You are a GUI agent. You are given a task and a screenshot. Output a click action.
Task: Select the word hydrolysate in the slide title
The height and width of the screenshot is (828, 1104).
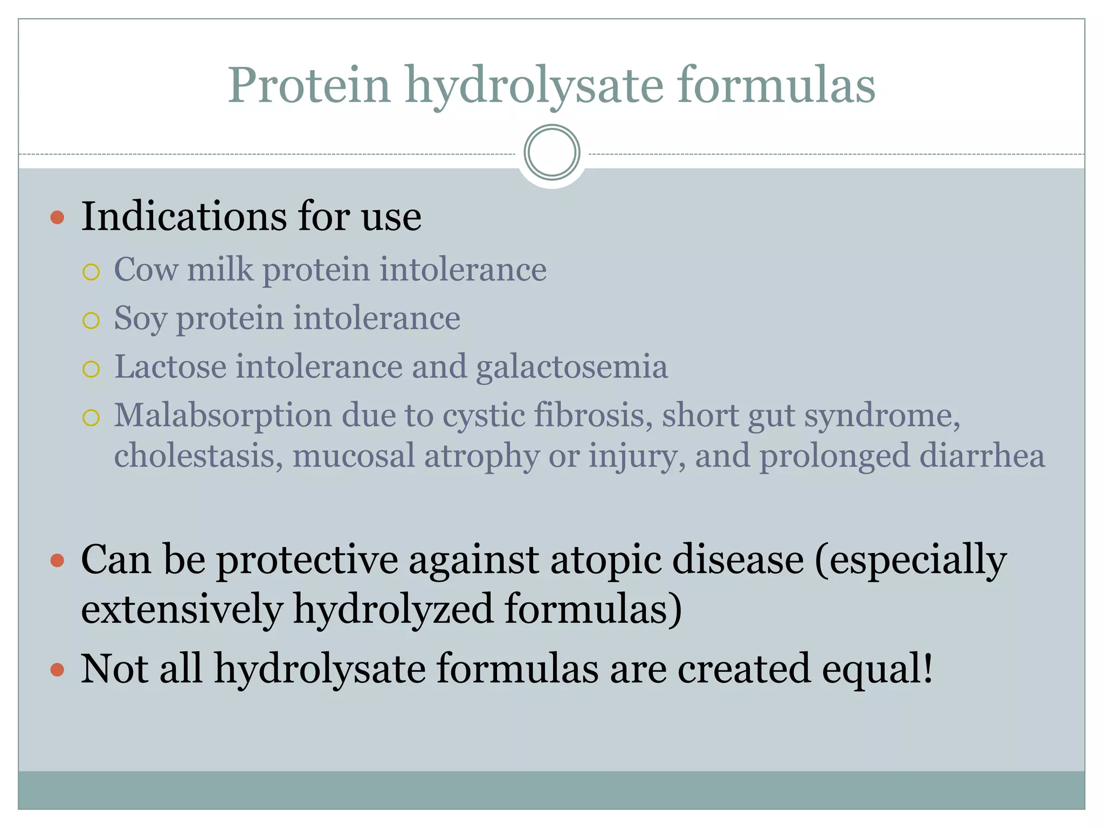(x=534, y=86)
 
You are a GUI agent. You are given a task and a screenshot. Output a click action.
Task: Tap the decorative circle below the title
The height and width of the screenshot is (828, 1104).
(x=551, y=153)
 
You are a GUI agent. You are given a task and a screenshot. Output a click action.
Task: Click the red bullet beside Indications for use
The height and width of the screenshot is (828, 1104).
(x=57, y=218)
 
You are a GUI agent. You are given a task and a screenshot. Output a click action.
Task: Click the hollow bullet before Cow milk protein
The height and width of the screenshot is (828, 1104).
(x=91, y=272)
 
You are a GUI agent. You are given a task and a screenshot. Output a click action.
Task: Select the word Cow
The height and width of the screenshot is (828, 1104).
(x=146, y=270)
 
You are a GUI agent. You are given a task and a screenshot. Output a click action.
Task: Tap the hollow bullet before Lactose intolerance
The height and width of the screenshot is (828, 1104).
(x=91, y=369)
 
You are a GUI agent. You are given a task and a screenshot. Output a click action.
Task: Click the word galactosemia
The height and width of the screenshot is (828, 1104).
(x=571, y=368)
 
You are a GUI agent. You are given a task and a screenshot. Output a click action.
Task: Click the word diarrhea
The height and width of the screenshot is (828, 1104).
(x=982, y=456)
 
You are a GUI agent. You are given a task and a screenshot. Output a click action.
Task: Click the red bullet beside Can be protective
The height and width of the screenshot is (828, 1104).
(x=57, y=561)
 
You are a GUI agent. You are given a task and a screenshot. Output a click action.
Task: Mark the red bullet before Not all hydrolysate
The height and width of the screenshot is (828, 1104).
(x=57, y=670)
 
